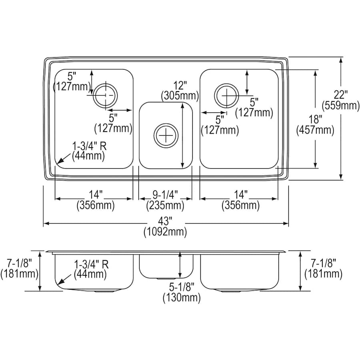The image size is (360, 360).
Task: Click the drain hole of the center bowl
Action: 165,135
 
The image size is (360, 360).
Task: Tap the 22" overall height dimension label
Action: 341,94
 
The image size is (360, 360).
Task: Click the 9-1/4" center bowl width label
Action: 165,195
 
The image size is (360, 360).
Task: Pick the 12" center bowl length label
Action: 180,85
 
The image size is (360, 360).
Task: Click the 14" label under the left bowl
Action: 96,195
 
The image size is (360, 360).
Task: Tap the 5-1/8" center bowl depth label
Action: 181,287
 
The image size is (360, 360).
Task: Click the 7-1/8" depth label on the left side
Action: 19,262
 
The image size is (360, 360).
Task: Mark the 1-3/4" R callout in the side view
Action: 90,264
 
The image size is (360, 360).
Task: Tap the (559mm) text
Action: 341,105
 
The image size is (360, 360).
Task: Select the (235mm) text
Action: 165,206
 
